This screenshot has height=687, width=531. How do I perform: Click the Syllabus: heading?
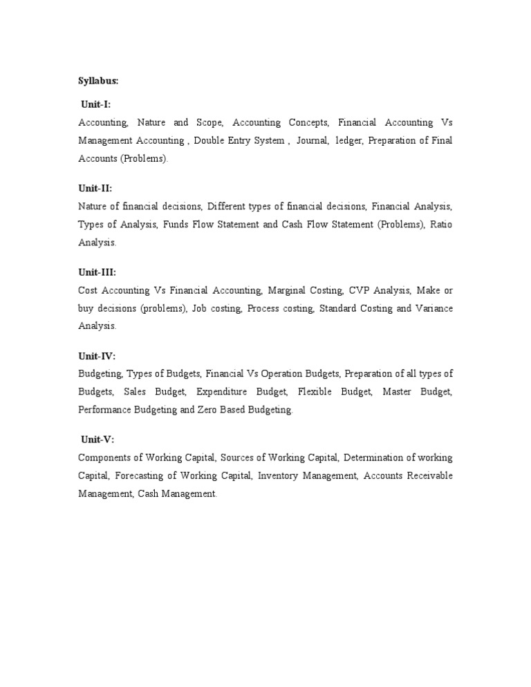[x=98, y=81]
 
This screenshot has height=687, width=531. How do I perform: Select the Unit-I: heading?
[x=95, y=104]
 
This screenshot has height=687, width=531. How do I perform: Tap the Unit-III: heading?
[x=97, y=272]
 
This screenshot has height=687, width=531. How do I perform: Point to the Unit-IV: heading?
[x=97, y=356]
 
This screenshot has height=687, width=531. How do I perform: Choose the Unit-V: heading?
[x=97, y=440]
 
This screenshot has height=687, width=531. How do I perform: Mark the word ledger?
[x=348, y=141]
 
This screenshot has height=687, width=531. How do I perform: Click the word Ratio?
[x=441, y=225]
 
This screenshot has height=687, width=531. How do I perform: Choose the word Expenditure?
[x=222, y=392]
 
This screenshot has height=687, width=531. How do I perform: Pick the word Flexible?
[x=315, y=392]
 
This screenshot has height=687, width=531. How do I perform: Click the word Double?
[x=209, y=141]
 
